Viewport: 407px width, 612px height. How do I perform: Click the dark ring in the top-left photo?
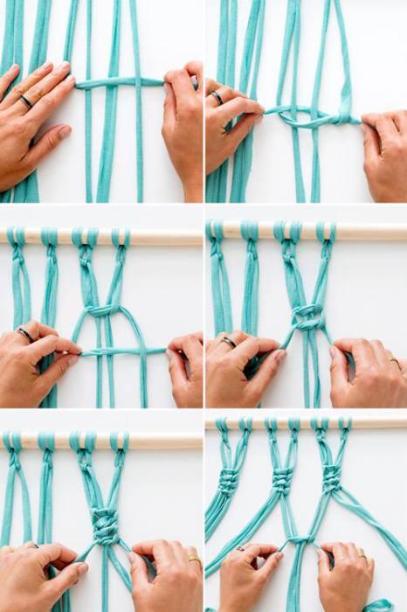(x=25, y=101)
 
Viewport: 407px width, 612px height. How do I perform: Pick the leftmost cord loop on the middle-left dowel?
(x=16, y=237)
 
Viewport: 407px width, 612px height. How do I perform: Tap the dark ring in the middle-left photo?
(x=25, y=334)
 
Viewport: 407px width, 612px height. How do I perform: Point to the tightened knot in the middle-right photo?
(x=307, y=318)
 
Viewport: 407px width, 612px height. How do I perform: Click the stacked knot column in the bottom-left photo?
(x=105, y=525)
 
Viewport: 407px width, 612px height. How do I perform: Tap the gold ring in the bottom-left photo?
(x=194, y=559)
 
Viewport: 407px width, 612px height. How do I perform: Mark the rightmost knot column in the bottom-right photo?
(x=332, y=478)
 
